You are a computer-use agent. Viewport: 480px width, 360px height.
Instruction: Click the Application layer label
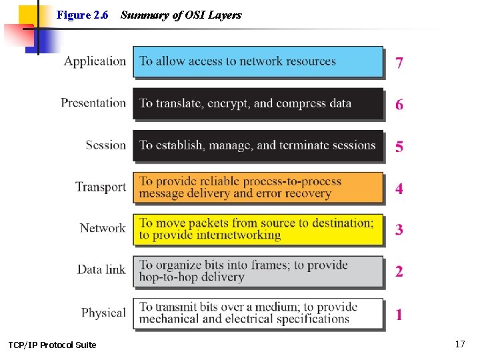(x=95, y=61)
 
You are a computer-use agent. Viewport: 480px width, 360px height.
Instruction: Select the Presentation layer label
(x=93, y=103)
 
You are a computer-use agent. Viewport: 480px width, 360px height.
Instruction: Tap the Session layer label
(x=105, y=145)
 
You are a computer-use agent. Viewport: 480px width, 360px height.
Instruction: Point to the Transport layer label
(x=101, y=187)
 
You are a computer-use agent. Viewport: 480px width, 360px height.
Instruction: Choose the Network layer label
(x=103, y=228)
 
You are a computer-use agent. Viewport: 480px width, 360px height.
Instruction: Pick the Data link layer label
(x=101, y=269)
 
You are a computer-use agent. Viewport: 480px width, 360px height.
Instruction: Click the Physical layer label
(x=103, y=312)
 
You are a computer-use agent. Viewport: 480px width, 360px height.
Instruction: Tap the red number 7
(x=399, y=63)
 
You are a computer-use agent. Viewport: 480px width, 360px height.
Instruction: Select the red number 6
(x=399, y=105)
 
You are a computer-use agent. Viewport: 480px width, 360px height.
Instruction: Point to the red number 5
(x=399, y=147)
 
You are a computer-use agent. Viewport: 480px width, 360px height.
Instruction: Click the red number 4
(x=399, y=189)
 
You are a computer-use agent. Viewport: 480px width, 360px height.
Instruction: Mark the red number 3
(x=399, y=230)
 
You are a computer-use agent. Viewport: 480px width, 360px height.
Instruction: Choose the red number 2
(x=399, y=271)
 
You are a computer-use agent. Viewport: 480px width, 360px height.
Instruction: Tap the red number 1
(x=399, y=314)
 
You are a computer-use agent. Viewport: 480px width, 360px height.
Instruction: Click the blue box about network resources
(x=258, y=61)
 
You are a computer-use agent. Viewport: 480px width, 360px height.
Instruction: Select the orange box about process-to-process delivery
(x=258, y=187)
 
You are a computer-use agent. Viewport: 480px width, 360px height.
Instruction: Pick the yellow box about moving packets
(x=258, y=229)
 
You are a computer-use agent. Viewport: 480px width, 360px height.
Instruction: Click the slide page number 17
(x=459, y=344)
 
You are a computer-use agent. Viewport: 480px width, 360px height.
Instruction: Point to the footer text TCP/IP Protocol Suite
(x=52, y=345)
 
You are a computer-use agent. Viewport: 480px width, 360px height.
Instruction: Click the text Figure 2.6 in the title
(x=83, y=15)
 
